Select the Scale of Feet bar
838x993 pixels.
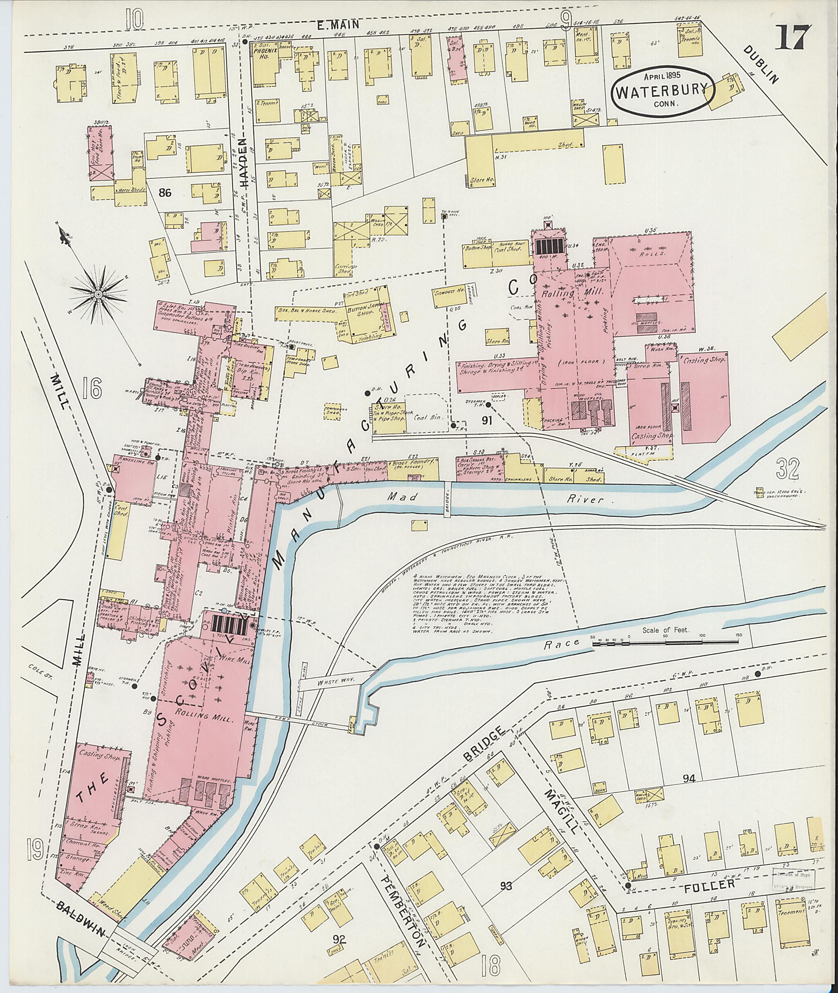click(x=665, y=643)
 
